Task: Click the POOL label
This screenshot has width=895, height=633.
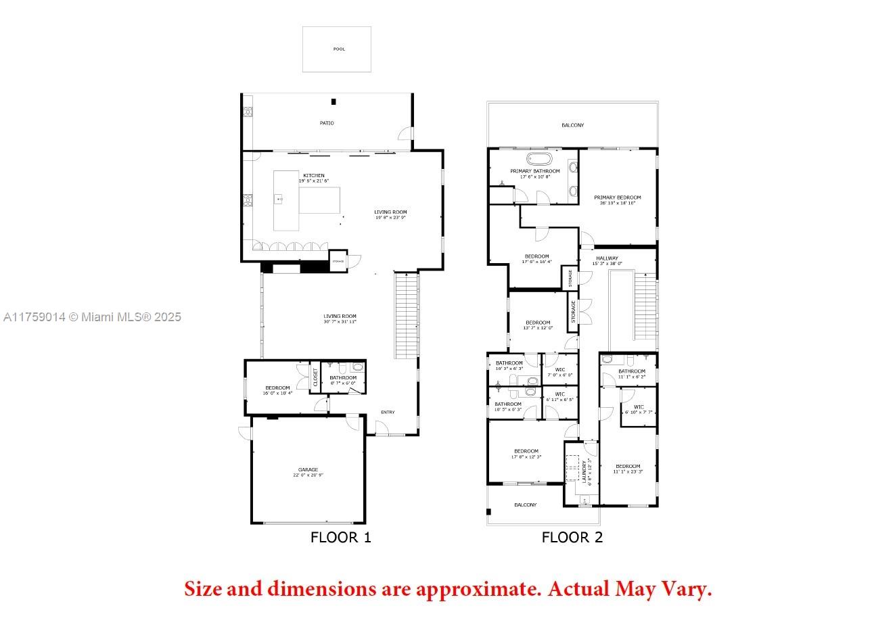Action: point(339,49)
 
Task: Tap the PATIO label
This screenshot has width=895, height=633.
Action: point(327,123)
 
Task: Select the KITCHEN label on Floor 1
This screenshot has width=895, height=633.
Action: point(313,176)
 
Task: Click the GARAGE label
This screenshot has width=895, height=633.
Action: point(308,470)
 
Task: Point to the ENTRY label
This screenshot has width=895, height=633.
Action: point(388,413)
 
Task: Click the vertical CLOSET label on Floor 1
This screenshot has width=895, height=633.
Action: point(315,378)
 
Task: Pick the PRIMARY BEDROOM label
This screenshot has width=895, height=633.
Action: point(617,197)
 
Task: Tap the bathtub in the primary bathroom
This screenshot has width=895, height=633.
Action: point(539,160)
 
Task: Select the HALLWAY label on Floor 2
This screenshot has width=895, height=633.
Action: point(607,258)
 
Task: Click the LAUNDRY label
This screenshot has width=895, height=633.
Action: point(583,471)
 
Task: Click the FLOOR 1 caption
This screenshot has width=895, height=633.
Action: point(340,538)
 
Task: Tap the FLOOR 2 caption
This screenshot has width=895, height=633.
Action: point(572,538)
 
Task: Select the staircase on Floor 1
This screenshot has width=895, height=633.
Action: point(407,314)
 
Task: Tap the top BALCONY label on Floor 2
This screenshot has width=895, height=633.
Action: point(572,125)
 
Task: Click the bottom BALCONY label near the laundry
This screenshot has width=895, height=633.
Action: point(525,505)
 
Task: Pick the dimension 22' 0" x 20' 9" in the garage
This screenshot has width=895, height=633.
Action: point(308,475)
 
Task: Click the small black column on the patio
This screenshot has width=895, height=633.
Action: point(333,102)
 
